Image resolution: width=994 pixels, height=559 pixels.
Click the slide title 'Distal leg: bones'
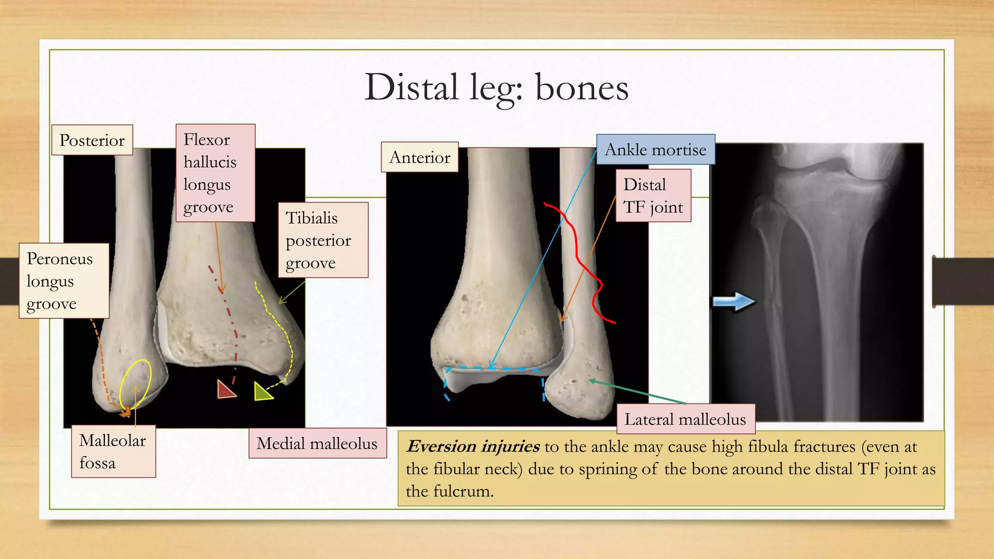pos(496,88)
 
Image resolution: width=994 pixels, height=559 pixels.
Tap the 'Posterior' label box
pos(92,140)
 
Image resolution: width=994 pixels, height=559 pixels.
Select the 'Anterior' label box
pos(420,157)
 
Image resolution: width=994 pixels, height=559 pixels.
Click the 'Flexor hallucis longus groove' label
pos(215,173)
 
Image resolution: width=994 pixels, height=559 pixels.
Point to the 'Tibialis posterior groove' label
pos(323,240)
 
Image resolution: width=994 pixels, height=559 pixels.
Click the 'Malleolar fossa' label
pos(113,451)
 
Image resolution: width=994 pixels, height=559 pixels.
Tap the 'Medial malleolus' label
pos(317,443)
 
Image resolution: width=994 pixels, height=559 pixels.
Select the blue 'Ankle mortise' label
pos(655,149)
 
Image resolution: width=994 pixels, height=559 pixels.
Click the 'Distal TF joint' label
pos(653,196)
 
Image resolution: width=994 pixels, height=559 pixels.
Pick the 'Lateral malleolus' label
pos(685,419)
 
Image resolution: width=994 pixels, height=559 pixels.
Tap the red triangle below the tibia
pos(225,390)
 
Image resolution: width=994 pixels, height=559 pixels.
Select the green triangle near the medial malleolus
pos(262,392)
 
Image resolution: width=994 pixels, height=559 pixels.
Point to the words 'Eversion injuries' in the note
pos(473,446)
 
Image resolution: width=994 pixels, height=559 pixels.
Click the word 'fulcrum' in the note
pos(464,491)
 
